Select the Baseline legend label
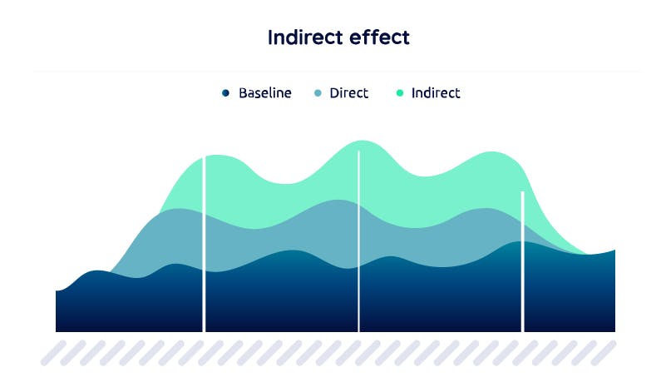coord(265,92)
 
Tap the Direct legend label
coord(348,92)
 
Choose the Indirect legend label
coord(436,92)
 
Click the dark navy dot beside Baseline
coord(225,92)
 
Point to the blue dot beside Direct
coord(318,92)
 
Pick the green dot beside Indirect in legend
coord(400,92)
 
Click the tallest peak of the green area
coord(363,141)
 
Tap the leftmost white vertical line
coord(204,244)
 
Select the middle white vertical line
coord(359,241)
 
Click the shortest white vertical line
coord(523,261)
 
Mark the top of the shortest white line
coord(523,191)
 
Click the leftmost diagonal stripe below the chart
coord(53,353)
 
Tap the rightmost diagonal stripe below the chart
coord(604,353)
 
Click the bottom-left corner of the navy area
coord(56,331)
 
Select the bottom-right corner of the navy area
coord(615,331)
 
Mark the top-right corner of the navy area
coord(615,251)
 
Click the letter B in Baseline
coord(243,92)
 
